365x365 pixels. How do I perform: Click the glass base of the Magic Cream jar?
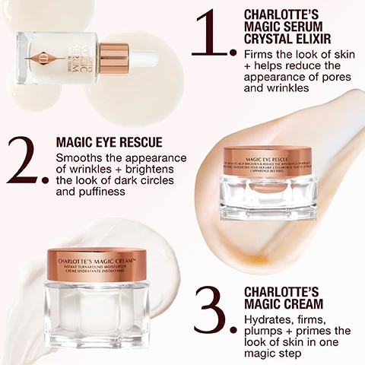[97, 312]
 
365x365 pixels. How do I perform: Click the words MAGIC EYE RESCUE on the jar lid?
[270, 154]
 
